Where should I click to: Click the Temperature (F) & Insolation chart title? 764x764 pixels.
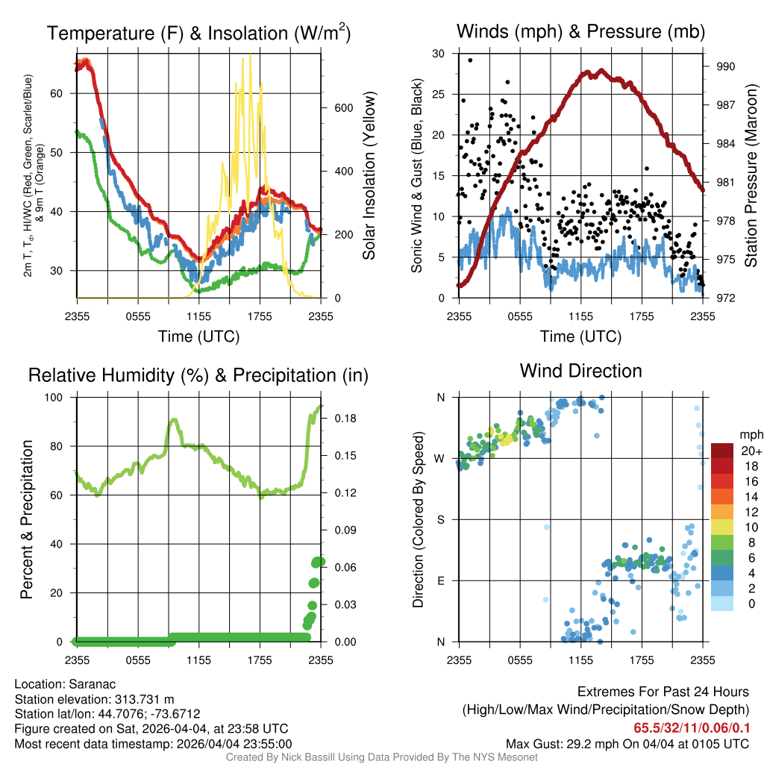(x=198, y=33)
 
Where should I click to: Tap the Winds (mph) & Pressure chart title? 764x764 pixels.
(x=580, y=31)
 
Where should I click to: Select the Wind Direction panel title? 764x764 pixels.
(x=580, y=371)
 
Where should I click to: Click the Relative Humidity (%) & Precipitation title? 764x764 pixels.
(x=198, y=375)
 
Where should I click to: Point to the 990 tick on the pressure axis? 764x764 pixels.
(x=725, y=66)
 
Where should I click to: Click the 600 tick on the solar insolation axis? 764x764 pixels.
(x=343, y=108)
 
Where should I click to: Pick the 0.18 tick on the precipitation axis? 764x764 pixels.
(x=345, y=419)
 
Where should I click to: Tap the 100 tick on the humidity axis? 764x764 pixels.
(x=54, y=398)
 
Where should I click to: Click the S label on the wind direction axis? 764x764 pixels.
(x=440, y=520)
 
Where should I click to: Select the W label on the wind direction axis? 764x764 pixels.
(x=439, y=459)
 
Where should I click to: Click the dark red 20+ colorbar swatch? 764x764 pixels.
(x=722, y=451)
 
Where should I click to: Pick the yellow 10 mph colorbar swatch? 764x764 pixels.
(x=722, y=527)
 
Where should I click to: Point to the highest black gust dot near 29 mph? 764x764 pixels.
(x=470, y=60)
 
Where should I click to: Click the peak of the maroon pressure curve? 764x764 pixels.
(x=601, y=71)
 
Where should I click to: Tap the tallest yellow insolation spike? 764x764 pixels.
(x=251, y=55)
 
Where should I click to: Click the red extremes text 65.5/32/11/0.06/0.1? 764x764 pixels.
(x=692, y=728)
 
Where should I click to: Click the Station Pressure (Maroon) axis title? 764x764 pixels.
(x=751, y=175)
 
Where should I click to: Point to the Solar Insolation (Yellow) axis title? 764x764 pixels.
(x=369, y=175)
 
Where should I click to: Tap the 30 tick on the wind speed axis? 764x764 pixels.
(x=439, y=54)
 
